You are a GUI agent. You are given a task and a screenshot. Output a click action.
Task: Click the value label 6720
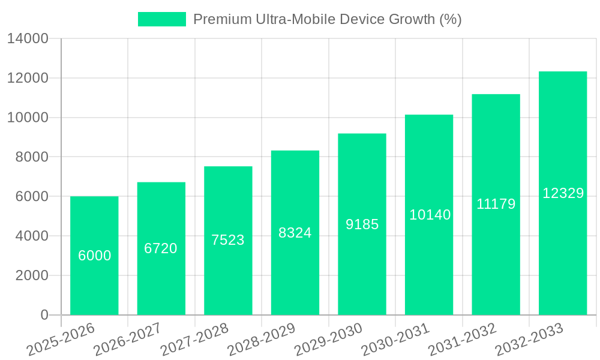(x=161, y=248)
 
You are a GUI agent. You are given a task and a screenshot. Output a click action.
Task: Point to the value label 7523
(x=228, y=240)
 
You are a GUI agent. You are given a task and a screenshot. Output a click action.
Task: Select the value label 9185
(x=362, y=224)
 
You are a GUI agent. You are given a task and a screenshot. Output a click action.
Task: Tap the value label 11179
(x=496, y=204)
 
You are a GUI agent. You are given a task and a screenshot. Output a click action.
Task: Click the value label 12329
(x=563, y=193)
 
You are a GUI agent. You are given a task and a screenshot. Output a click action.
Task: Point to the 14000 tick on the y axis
(x=28, y=39)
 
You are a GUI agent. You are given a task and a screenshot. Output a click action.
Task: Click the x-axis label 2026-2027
(x=127, y=340)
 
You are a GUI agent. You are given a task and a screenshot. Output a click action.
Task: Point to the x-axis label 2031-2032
(x=463, y=340)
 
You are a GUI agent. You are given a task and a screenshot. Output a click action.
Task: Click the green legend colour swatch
(x=162, y=19)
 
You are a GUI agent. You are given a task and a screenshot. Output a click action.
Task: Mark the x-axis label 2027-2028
(x=194, y=340)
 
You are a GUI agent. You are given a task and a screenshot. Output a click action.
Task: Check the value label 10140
(x=430, y=215)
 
